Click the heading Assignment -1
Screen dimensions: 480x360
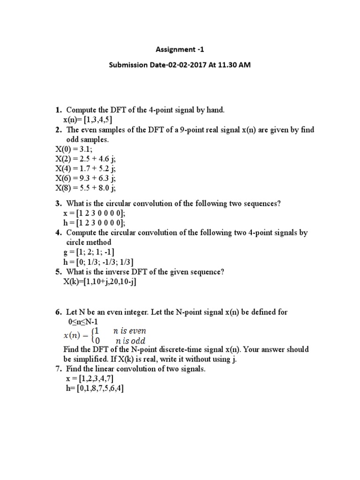click(x=180, y=49)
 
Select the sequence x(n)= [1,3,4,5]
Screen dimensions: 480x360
click(x=88, y=120)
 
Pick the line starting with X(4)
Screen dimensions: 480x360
click(x=82, y=169)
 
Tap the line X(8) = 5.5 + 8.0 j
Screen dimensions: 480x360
click(x=82, y=188)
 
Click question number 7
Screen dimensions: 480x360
click(x=59, y=369)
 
